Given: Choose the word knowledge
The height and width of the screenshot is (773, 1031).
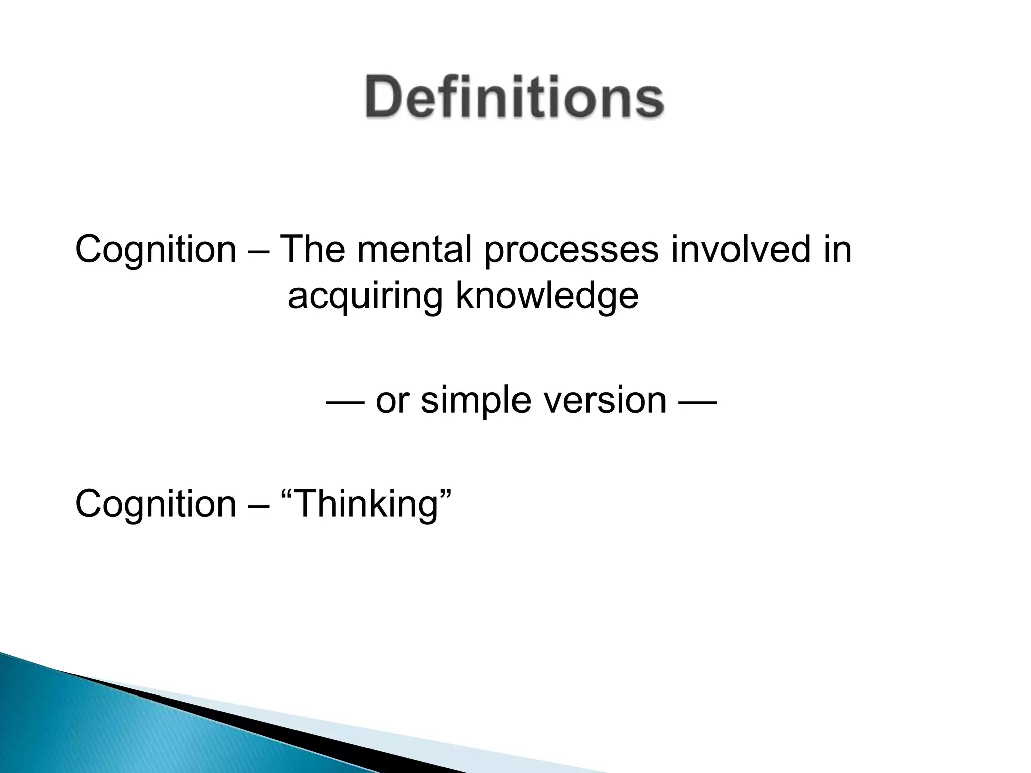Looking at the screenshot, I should (547, 297).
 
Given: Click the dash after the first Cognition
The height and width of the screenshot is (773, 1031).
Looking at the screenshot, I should (258, 250).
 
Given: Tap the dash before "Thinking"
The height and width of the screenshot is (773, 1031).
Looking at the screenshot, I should (258, 505).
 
